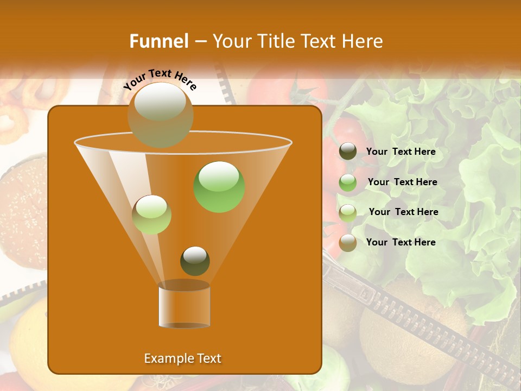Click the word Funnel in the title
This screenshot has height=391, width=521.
158,41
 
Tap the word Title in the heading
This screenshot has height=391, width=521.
274,41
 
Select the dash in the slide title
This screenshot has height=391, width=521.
200,42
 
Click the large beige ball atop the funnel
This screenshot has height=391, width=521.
161,115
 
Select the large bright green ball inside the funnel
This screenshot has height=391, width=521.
219,187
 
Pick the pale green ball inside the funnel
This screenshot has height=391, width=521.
151,215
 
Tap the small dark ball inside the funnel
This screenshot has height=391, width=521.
195,261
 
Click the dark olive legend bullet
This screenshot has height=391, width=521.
348,152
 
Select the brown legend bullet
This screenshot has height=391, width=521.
348,243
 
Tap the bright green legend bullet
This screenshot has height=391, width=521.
348,182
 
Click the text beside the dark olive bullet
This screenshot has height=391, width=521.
401,152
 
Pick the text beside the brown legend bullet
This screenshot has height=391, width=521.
401,242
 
